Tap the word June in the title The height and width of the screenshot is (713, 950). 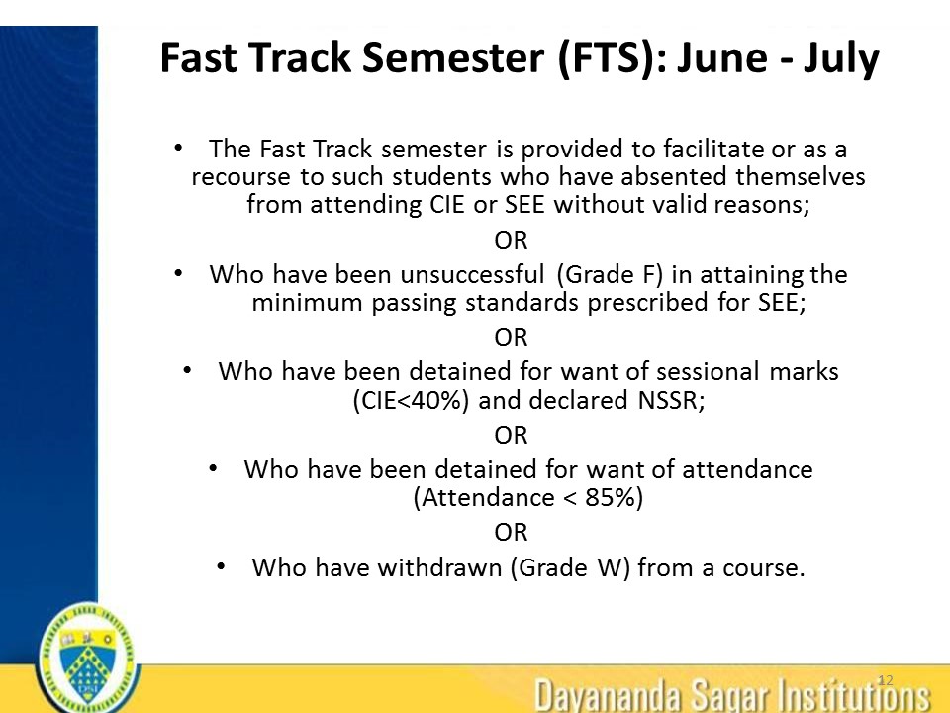coord(720,57)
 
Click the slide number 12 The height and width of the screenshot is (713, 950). coord(885,680)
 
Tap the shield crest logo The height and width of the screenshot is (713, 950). coord(88,659)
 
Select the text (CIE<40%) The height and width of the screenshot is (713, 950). coord(411,401)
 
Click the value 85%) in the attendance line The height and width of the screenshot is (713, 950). coord(614,498)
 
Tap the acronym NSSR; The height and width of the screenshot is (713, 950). coord(671,401)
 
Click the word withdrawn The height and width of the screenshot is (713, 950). coord(440,567)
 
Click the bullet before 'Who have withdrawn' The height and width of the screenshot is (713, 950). coord(221,566)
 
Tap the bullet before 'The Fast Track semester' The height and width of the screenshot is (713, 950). coord(178,148)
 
